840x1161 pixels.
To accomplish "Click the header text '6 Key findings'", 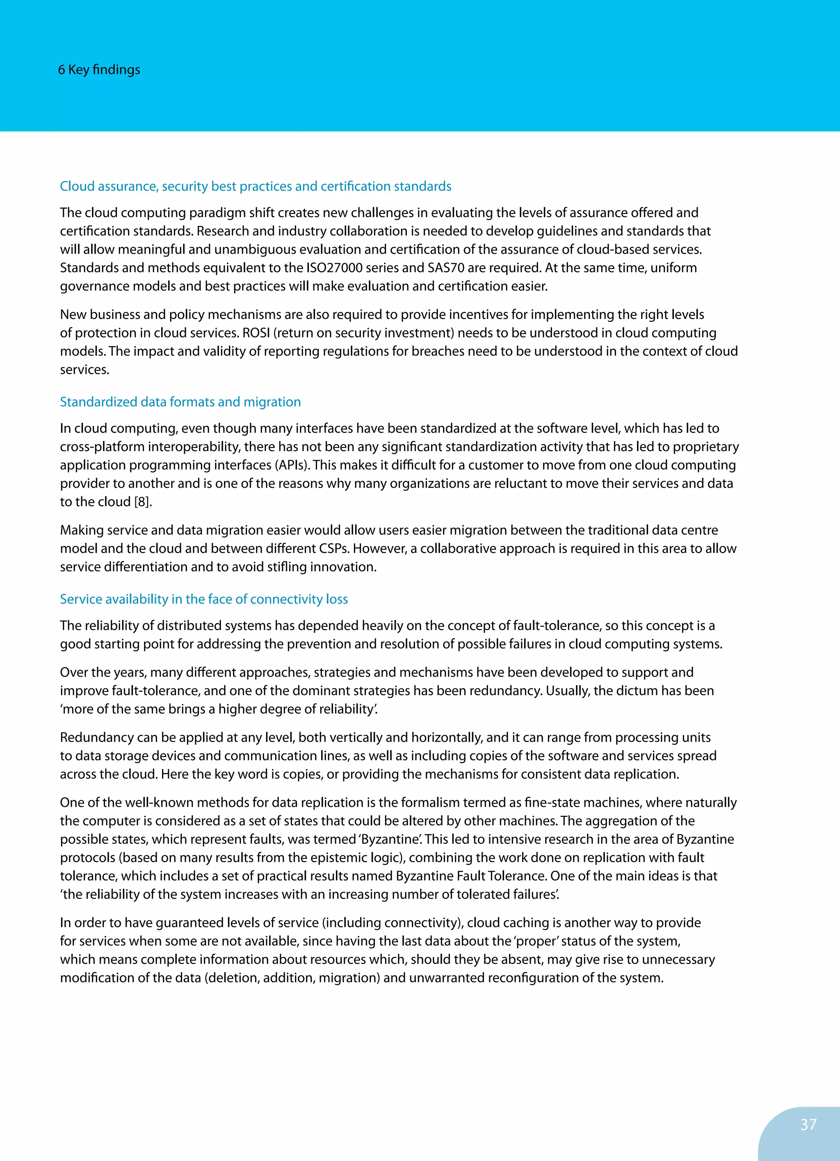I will coord(99,70).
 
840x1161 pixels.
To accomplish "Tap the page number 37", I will coord(808,1124).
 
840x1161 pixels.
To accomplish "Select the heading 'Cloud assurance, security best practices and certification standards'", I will coord(255,186).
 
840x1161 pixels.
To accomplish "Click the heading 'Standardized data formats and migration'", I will coord(180,402).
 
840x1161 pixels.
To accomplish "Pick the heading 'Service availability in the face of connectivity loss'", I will coord(203,599).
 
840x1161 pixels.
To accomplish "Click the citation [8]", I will coord(143,502).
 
